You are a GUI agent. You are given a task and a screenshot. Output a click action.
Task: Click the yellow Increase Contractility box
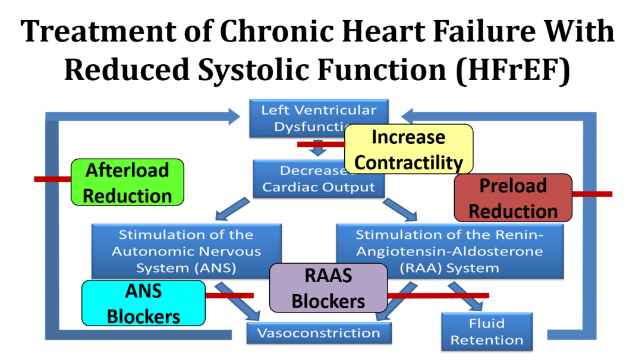pos(408,149)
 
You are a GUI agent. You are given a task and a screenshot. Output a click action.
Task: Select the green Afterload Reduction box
pos(127,182)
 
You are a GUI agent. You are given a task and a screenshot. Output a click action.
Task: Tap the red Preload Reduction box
pos(512,198)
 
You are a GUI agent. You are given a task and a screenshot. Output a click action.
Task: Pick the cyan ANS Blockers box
pos(143,303)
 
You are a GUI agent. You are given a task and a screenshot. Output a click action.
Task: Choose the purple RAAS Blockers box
pos(328,288)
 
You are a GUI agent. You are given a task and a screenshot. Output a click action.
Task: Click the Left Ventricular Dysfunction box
pos(297,117)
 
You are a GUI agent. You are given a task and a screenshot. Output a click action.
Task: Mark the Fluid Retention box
pos(486,331)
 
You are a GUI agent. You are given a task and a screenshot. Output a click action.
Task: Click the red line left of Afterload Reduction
pos(52,179)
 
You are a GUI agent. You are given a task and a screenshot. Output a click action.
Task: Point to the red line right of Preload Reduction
pos(592,194)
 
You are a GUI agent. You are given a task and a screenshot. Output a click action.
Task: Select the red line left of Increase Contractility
pos(320,144)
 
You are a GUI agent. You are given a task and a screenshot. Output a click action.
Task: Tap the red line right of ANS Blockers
pos(229,295)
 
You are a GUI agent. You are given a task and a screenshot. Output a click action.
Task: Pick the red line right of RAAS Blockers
pos(439,295)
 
